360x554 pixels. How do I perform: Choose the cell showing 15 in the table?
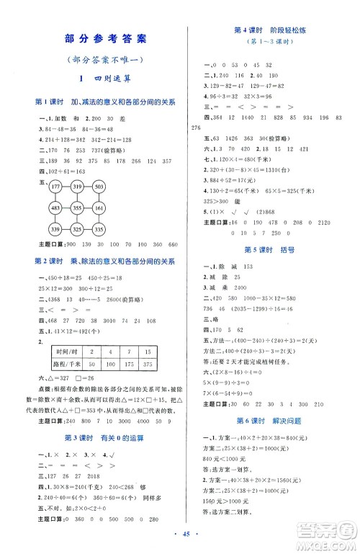(x=148, y=372)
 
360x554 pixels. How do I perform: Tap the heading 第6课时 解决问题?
(x=271, y=419)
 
